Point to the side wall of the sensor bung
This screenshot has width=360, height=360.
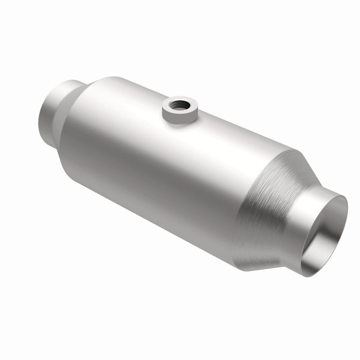pyautogui.click(x=179, y=117)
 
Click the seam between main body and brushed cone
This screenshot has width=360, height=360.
pyautogui.click(x=242, y=206)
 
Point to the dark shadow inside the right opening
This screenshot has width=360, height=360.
pyautogui.click(x=334, y=221)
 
